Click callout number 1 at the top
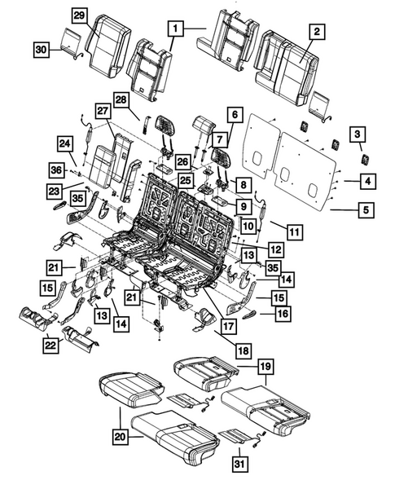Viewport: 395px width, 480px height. pos(173,29)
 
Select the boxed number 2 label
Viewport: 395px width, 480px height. pos(318,33)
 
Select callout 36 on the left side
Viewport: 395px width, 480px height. pos(55,170)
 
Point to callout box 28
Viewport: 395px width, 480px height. pos(121,99)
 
